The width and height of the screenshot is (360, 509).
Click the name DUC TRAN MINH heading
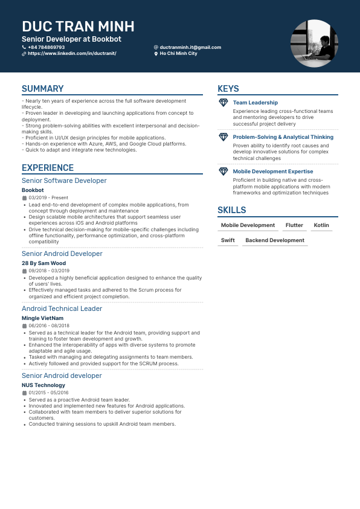(x=78, y=27)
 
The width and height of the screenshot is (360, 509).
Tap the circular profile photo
(x=314, y=43)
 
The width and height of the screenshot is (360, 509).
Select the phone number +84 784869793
(x=46, y=47)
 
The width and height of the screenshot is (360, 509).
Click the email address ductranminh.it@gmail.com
(x=190, y=47)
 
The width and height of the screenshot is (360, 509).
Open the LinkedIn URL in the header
(x=72, y=54)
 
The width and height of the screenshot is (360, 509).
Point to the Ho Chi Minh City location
(x=178, y=54)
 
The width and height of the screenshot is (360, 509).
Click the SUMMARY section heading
(x=42, y=89)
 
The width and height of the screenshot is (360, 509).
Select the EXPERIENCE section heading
(x=48, y=168)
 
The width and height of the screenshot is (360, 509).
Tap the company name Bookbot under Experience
(x=33, y=190)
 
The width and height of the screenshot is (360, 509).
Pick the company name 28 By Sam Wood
(x=43, y=263)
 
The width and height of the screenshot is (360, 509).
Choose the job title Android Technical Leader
(x=62, y=309)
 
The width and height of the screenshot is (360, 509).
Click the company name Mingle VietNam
(x=42, y=318)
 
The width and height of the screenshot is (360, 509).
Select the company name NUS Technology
(x=43, y=385)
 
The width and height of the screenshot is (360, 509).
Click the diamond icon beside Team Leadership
(x=223, y=103)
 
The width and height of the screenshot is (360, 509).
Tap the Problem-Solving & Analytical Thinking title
(x=283, y=137)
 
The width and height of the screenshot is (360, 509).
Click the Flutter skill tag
(x=294, y=225)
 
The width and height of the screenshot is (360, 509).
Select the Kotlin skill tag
(x=321, y=225)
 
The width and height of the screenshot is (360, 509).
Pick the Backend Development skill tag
(x=275, y=240)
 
